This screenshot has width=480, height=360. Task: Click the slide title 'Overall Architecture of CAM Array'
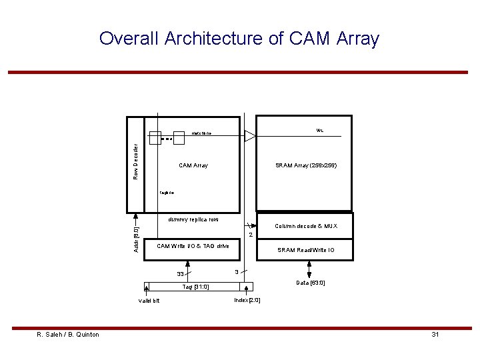[x=239, y=39]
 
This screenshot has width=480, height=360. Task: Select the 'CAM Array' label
[x=193, y=165]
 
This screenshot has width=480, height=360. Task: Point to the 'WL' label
[x=321, y=130]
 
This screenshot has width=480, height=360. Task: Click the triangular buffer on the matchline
[x=250, y=136]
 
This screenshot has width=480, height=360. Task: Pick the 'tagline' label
[x=167, y=193]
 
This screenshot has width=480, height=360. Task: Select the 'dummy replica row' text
[x=193, y=219]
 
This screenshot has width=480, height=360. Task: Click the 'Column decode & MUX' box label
[x=306, y=226]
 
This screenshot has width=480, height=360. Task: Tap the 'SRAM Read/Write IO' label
[x=306, y=250]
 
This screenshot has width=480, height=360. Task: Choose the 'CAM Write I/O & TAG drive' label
[x=193, y=246]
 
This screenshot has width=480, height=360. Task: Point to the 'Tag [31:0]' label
[x=196, y=287]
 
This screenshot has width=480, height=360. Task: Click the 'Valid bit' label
[x=149, y=301]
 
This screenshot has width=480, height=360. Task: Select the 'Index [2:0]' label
[x=247, y=300]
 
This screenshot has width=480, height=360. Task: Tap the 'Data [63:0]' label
[x=311, y=283]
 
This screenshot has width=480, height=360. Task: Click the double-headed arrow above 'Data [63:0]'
[x=309, y=269]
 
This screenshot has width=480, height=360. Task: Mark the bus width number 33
[x=180, y=274]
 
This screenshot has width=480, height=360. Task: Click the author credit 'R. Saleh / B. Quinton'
[x=68, y=334]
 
